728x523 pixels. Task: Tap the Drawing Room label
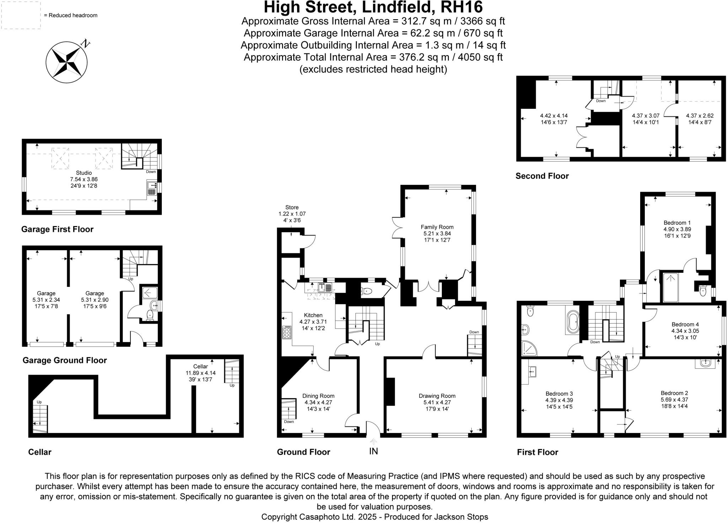[x=437, y=396]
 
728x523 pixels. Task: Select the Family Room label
[x=437, y=227]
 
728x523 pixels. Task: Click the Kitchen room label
[x=313, y=315]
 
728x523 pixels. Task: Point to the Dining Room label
[x=318, y=396]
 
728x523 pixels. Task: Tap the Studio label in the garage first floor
[x=84, y=173]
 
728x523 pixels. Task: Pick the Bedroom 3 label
[x=559, y=394]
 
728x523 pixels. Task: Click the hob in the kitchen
[x=286, y=332]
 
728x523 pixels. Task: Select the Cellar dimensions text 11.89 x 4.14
[x=200, y=373]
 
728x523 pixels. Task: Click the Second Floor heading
[x=542, y=176]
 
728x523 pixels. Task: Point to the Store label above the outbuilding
[x=292, y=207]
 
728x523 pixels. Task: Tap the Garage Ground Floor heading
[x=65, y=361]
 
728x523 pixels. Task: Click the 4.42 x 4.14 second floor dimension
[x=553, y=116]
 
